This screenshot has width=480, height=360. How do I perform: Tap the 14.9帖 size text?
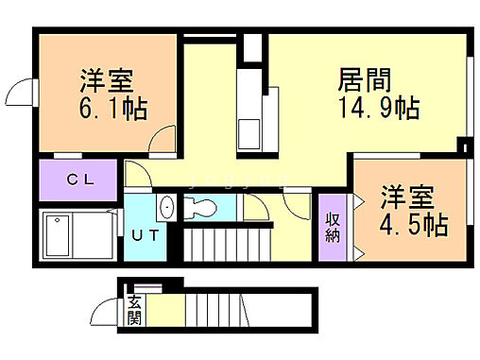click(x=377, y=108)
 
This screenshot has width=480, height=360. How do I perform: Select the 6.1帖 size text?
click(x=109, y=109)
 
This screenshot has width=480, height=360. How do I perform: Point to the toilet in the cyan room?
click(x=203, y=206)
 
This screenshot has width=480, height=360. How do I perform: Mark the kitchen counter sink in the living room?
click(x=251, y=129)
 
